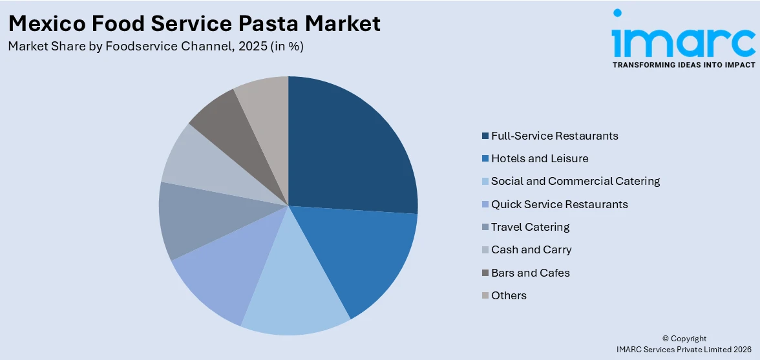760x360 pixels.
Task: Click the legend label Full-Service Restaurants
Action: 554,136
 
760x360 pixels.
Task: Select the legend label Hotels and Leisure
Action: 539,158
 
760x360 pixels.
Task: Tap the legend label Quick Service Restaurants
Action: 559,204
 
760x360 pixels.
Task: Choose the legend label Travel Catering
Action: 530,227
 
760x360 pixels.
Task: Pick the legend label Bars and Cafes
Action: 530,273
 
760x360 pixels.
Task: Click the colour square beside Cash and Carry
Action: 485,250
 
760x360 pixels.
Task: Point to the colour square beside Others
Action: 485,296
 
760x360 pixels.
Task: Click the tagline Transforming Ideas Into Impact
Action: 683,65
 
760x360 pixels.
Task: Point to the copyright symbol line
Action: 684,339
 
